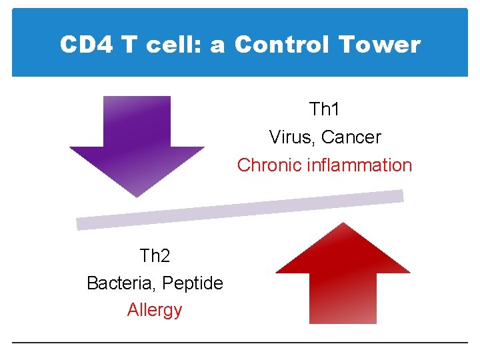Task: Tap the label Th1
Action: pyautogui.click(x=325, y=109)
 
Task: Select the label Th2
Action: pyautogui.click(x=155, y=255)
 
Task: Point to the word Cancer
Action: pyautogui.click(x=351, y=137)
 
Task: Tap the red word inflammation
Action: pyautogui.click(x=359, y=165)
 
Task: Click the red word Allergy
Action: pyautogui.click(x=155, y=310)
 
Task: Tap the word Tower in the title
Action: pyautogui.click(x=379, y=45)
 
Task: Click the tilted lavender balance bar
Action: pyautogui.click(x=240, y=210)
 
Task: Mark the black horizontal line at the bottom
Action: pyautogui.click(x=240, y=343)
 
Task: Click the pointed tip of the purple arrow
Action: pyautogui.click(x=137, y=196)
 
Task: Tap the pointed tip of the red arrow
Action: pyautogui.click(x=343, y=223)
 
